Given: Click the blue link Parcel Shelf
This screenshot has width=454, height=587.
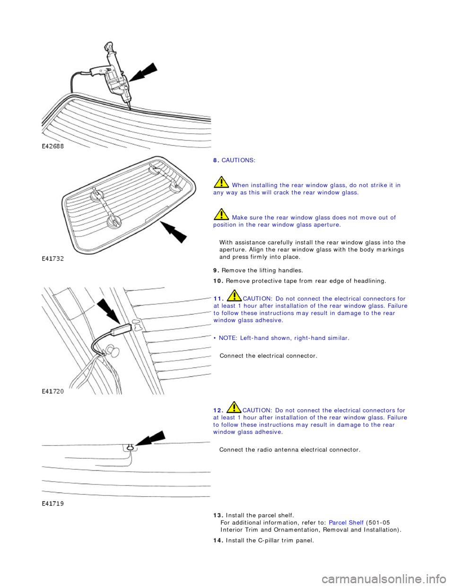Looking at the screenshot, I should [x=346, y=522].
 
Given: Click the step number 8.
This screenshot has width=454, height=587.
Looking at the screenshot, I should [x=216, y=161].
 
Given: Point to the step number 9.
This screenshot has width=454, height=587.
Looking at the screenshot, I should [x=216, y=270].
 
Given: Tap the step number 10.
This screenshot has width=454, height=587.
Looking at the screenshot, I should [x=218, y=281].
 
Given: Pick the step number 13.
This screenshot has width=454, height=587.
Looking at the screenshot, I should [x=218, y=515].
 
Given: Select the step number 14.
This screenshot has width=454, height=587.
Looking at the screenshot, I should [x=218, y=540].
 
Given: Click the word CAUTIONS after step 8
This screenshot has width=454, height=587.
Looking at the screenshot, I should [x=239, y=161].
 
